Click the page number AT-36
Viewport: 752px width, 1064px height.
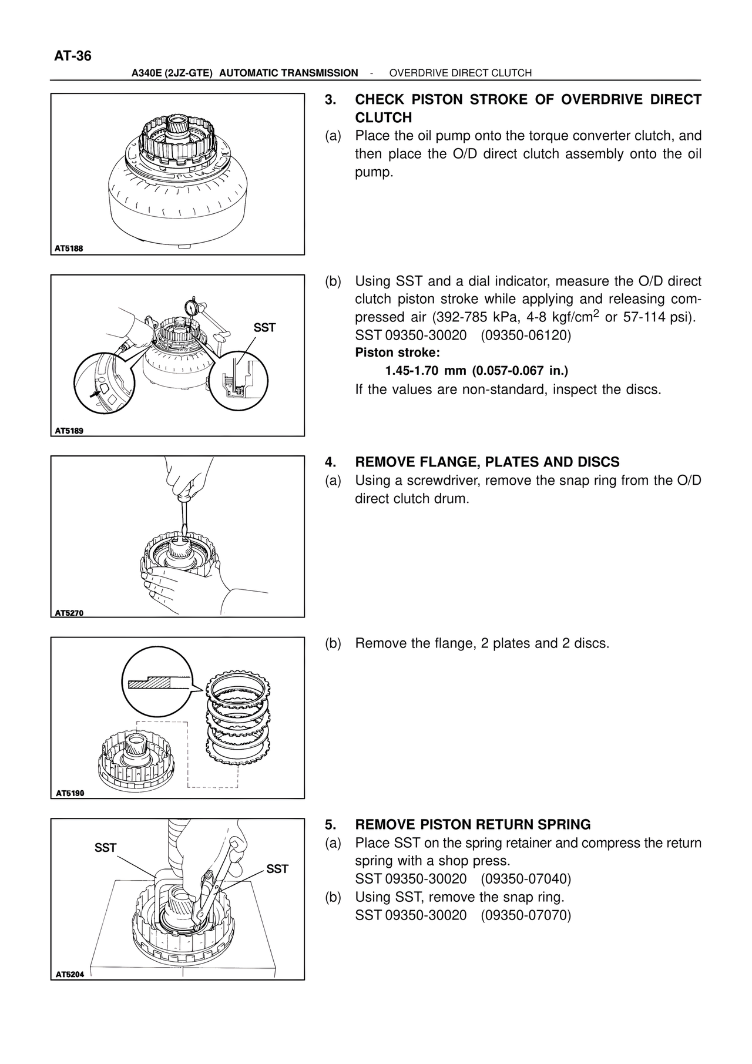tap(73, 56)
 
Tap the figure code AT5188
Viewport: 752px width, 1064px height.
tap(69, 249)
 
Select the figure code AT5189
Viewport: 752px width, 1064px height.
tap(69, 431)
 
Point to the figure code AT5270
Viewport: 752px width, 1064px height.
tap(69, 613)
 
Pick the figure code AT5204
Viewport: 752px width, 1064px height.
tap(69, 974)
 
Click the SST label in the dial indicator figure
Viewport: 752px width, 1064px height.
tap(264, 328)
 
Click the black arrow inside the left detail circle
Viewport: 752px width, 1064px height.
tap(93, 394)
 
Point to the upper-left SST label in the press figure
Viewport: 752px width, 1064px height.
tap(106, 848)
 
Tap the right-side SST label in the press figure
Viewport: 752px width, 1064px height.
tap(277, 869)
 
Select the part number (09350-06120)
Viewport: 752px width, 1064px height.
tap(525, 335)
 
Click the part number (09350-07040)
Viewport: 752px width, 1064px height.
tap(525, 880)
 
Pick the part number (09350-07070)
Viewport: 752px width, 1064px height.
tap(525, 915)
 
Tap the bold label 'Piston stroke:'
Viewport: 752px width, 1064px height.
tap(397, 353)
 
